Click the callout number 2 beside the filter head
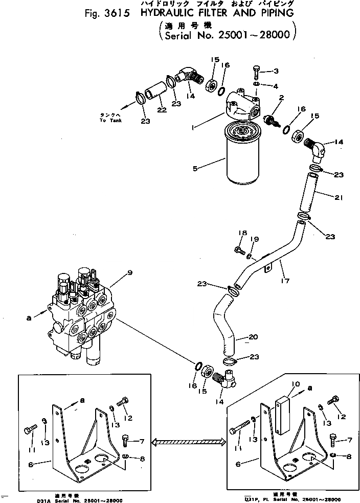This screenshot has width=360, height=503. (281, 97)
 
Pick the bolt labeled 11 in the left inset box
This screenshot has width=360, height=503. (30, 430)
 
